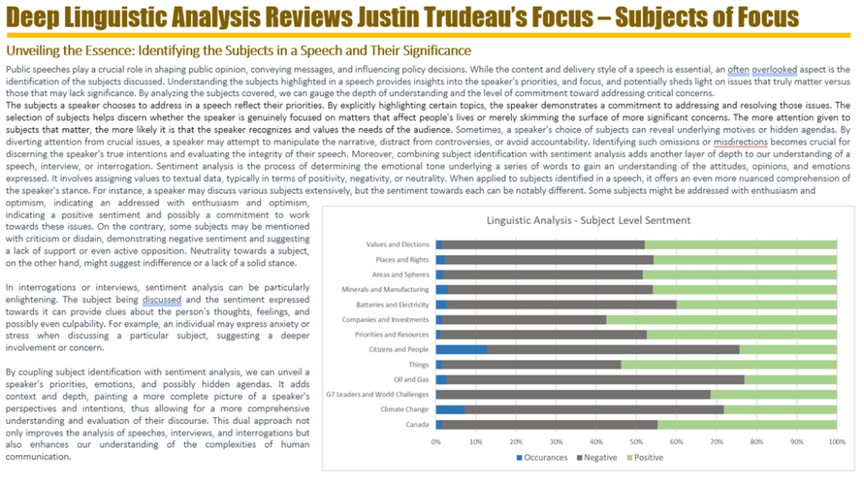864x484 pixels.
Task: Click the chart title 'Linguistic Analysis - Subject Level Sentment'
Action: pyautogui.click(x=588, y=220)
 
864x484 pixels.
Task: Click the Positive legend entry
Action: pyautogui.click(x=647, y=458)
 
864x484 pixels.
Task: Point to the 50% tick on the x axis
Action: pyautogui.click(x=636, y=442)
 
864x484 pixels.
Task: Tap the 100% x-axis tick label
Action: pyautogui.click(x=836, y=442)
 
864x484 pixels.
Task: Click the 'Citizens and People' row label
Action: pyautogui.click(x=400, y=349)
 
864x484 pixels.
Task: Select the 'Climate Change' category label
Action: pyautogui.click(x=405, y=409)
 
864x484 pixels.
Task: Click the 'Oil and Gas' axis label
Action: pyautogui.click(x=411, y=379)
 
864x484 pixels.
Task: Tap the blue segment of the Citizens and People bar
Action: pyautogui.click(x=461, y=349)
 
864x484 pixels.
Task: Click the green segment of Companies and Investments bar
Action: pyautogui.click(x=720, y=319)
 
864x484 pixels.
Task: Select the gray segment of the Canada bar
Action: pyautogui.click(x=549, y=424)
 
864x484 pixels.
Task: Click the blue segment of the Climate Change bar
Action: pyautogui.click(x=449, y=409)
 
